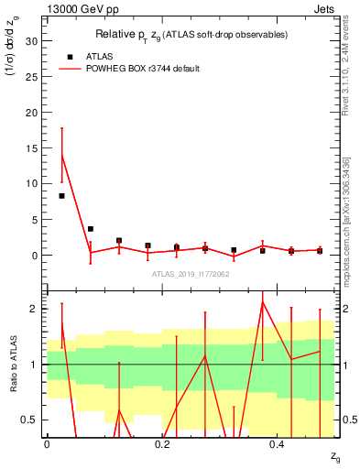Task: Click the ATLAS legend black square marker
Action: pyautogui.click(x=71, y=57)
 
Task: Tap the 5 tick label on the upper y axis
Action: pyautogui.click(x=33, y=220)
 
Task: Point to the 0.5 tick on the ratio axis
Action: pyautogui.click(x=28, y=420)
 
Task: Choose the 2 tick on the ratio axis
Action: pyautogui.click(x=33, y=309)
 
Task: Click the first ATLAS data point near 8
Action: pyautogui.click(x=61, y=196)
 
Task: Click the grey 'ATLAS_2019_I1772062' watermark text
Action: pyautogui.click(x=190, y=274)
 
